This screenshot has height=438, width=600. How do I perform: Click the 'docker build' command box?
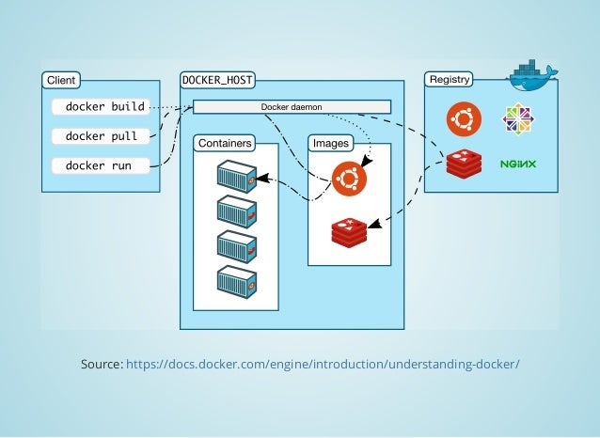click(104, 106)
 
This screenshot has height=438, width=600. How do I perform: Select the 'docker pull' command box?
click(101, 136)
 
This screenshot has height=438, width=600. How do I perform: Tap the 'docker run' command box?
click(101, 165)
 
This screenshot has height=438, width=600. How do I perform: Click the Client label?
click(61, 80)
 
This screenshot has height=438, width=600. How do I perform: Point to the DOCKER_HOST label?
click(217, 80)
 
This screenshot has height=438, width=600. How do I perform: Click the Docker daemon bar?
click(292, 107)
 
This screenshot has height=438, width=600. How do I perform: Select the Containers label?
click(223, 143)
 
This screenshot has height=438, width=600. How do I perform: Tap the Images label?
click(330, 143)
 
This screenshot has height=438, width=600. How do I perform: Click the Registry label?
click(450, 80)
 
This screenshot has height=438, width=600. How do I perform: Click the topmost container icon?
click(236, 176)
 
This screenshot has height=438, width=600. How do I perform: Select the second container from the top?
click(236, 211)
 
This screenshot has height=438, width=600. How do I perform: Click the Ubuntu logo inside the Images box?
click(349, 177)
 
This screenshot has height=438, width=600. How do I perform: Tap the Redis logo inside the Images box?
click(349, 230)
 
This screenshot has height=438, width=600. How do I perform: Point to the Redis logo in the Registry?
click(464, 164)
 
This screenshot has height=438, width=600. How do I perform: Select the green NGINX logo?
click(517, 164)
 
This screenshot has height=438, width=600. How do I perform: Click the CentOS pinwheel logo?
click(517, 119)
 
